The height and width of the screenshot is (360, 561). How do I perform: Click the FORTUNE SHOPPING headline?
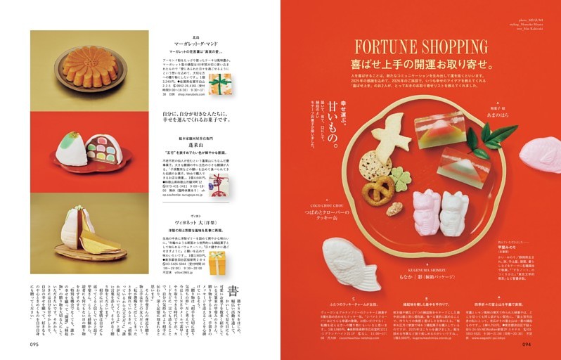click(x=420, y=47)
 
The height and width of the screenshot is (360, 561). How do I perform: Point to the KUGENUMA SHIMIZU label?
click(x=418, y=269)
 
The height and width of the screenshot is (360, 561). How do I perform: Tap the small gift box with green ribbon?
click(x=219, y=84)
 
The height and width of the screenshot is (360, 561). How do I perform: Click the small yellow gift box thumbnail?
click(x=218, y=262)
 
